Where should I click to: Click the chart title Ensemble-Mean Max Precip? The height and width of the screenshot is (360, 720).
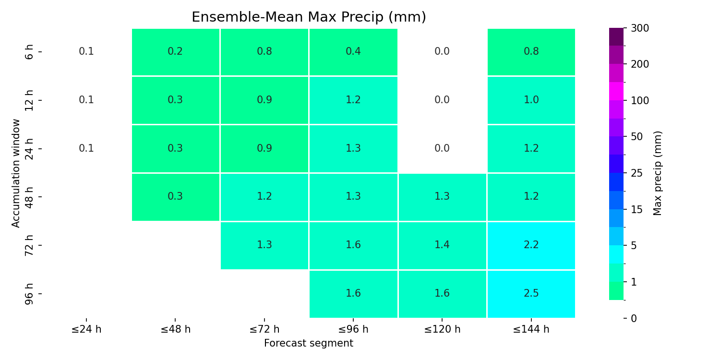[309, 17]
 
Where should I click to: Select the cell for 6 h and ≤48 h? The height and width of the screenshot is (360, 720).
[176, 52]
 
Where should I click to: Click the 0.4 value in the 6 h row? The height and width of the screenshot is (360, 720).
[353, 51]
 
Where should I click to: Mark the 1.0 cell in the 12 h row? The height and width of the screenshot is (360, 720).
[531, 100]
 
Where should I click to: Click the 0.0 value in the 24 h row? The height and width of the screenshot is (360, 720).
[442, 148]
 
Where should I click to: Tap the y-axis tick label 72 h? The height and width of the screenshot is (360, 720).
[29, 245]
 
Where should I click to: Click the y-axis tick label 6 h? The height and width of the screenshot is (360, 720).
[29, 52]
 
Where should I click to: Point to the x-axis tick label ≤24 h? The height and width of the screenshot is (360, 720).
[86, 329]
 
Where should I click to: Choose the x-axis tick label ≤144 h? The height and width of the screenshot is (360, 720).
[531, 329]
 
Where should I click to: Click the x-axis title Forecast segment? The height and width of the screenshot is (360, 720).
[309, 343]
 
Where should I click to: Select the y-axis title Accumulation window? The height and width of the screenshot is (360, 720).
[15, 173]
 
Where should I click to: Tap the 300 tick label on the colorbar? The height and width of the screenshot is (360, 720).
[640, 28]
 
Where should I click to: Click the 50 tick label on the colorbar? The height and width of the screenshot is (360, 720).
[637, 137]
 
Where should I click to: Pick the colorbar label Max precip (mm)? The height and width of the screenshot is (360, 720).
[657, 173]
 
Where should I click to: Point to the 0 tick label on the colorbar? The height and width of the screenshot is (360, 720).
[634, 318]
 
